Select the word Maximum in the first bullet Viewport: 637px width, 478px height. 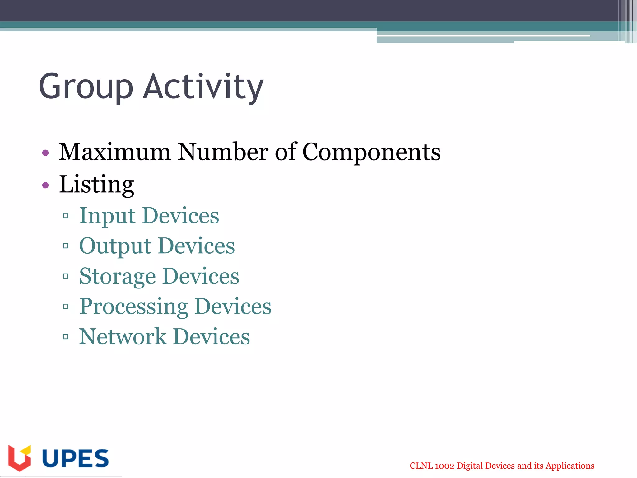pos(114,152)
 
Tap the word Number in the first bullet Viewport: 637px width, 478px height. pos(222,152)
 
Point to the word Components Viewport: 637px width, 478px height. pos(371,152)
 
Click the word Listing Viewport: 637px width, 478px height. pos(96,185)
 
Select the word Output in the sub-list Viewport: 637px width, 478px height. pos(115,246)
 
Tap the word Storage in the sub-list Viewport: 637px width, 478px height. pos(117,276)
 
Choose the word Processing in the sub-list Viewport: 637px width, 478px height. pos(133,307)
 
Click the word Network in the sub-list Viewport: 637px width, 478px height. pos(123,337)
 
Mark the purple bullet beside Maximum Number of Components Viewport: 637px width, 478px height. pos(45,153)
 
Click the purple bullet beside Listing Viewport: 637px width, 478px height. pos(45,185)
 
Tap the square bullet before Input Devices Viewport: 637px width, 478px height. pos(66,216)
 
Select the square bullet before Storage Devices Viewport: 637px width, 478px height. pos(66,276)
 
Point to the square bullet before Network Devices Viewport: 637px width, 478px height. pos(66,336)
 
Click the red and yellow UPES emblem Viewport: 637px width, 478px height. pos(20,457)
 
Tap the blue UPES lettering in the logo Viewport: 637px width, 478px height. pos(75,458)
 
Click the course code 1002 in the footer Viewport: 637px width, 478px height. pos(444,466)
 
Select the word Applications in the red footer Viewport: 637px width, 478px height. pos(570,466)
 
